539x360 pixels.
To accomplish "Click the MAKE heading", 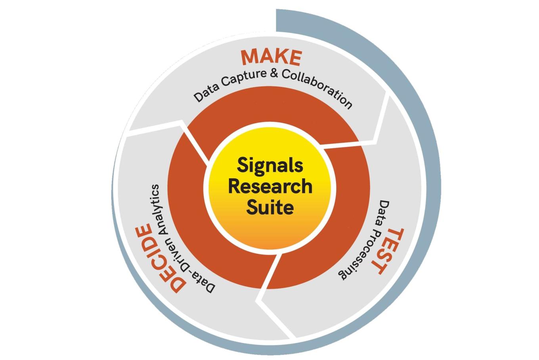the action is [271, 57].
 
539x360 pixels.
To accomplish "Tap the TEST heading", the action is [388, 251].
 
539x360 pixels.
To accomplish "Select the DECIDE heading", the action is [160, 258].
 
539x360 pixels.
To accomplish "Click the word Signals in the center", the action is [270, 166].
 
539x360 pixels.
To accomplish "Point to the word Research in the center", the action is [270, 186].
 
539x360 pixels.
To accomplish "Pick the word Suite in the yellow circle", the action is [270, 207].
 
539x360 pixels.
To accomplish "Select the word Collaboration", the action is [317, 87].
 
